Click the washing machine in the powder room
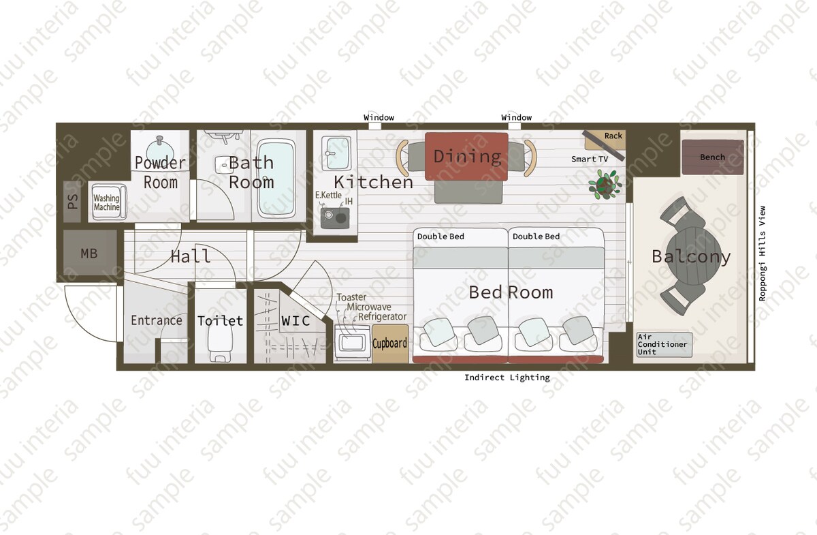point(109,202)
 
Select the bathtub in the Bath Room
point(276,179)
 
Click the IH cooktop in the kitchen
point(335,218)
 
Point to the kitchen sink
point(336,153)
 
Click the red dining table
point(466,156)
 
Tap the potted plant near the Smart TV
point(605,185)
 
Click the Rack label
point(613,136)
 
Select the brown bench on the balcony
point(713,157)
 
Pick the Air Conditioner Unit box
point(664,344)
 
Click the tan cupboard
point(390,343)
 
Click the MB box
point(90,253)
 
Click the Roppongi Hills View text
point(762,254)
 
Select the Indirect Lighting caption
point(507,378)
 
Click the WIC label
point(295,321)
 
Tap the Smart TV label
point(590,159)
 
